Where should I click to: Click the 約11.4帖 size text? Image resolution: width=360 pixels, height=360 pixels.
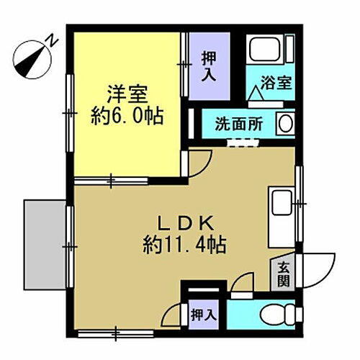(x=184, y=245)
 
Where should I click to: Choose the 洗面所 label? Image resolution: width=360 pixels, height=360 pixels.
(x=238, y=123)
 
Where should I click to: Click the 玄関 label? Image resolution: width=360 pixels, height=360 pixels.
(x=283, y=274)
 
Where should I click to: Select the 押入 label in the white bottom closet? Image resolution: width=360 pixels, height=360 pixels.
(x=202, y=314)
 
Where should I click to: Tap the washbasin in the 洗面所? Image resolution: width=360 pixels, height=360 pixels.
(x=285, y=123)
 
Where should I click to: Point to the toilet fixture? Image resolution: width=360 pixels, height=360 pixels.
(x=278, y=314)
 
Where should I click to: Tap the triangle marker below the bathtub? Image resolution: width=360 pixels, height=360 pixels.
(x=256, y=93)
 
